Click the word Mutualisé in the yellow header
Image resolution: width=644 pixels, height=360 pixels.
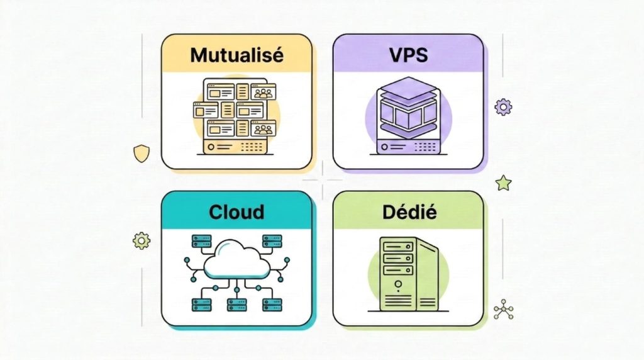(x=236, y=55)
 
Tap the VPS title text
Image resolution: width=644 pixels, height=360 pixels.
(x=408, y=55)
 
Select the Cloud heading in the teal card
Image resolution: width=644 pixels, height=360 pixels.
(x=236, y=212)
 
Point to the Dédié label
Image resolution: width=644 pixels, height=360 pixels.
(x=408, y=212)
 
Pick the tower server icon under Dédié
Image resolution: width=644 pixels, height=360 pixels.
(x=408, y=274)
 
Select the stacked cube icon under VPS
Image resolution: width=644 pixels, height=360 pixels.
(x=408, y=110)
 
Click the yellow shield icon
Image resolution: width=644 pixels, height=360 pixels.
(x=142, y=153)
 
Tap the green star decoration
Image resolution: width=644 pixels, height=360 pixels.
(x=503, y=183)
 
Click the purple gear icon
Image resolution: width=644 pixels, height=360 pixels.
(x=503, y=106)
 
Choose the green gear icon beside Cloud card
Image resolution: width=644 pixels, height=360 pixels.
(x=142, y=240)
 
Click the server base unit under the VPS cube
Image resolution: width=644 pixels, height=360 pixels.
(x=408, y=147)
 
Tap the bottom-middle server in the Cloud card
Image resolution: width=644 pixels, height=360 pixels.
(x=236, y=305)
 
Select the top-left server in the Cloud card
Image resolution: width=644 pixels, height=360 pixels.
(x=202, y=241)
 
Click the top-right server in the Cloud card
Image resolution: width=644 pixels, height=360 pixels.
(x=272, y=241)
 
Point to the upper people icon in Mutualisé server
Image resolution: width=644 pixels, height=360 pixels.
(x=264, y=93)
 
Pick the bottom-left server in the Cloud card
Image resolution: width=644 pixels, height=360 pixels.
(x=202, y=305)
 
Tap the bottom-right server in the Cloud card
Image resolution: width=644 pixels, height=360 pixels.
(x=272, y=305)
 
